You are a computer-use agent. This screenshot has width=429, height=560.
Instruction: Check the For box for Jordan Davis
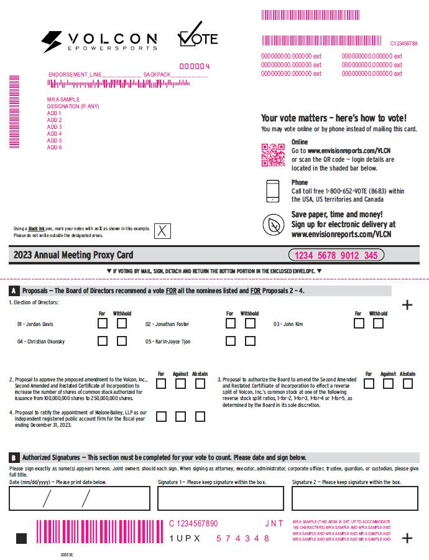[x=103, y=324]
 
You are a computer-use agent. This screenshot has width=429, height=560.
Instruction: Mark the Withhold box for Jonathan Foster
[x=250, y=324]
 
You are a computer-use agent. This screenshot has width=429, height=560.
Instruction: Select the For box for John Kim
[x=359, y=324]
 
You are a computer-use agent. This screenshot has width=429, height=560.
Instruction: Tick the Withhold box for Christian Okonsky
[x=122, y=341]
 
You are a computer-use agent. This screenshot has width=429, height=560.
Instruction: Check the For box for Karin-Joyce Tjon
[x=231, y=341]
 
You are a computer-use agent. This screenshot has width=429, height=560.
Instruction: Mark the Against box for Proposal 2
[x=181, y=384]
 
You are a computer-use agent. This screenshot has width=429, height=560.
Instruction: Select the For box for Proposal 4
[x=161, y=417]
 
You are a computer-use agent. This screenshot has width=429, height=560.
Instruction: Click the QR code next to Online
[x=272, y=155]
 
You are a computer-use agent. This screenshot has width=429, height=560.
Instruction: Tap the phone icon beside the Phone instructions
[x=272, y=191]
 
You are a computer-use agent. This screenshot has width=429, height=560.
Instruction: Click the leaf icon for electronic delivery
[x=272, y=225]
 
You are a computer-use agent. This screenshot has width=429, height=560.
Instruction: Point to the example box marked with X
[x=162, y=231]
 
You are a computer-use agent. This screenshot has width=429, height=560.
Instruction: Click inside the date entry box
[x=80, y=498]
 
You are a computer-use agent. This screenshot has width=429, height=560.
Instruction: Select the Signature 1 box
[x=220, y=498]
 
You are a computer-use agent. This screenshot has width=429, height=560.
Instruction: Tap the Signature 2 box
[x=354, y=498]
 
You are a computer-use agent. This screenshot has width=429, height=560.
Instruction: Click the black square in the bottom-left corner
[x=22, y=538]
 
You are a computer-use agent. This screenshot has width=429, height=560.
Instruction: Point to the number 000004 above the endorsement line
[x=195, y=66]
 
